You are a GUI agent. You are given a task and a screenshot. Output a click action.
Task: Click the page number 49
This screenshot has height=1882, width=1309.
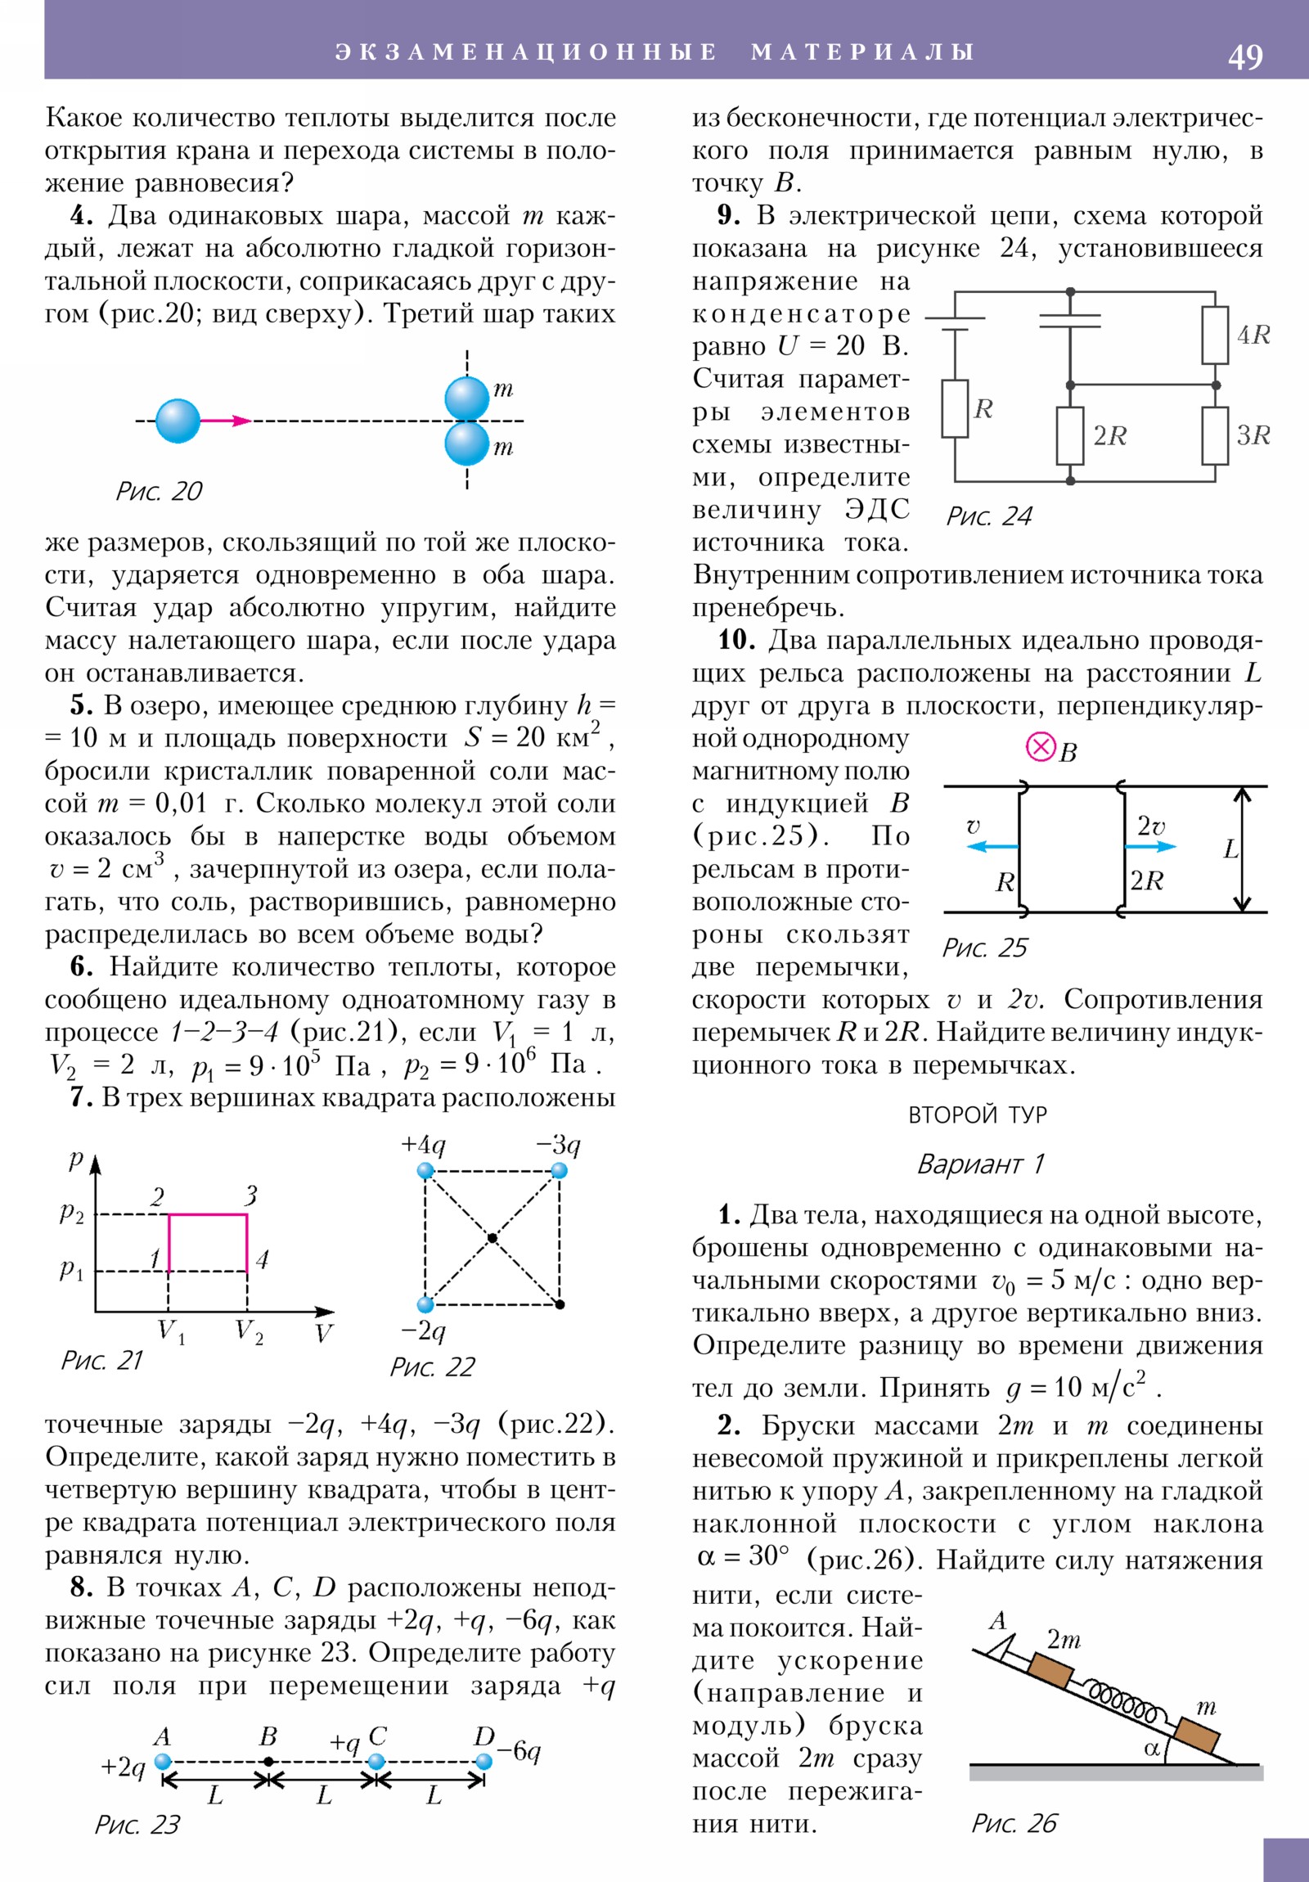[1244, 56]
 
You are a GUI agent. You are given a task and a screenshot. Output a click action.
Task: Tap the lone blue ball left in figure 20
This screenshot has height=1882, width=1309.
[178, 421]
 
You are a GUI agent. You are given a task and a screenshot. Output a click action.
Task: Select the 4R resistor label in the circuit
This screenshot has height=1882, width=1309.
[1253, 335]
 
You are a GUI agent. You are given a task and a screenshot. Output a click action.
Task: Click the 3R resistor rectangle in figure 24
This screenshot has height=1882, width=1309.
[1215, 435]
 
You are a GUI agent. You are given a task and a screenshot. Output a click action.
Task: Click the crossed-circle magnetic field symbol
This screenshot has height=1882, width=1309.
[1040, 748]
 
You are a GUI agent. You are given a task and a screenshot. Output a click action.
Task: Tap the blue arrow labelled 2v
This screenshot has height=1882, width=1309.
[1152, 847]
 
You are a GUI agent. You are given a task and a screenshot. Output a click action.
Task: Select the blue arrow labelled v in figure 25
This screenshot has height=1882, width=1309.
[992, 847]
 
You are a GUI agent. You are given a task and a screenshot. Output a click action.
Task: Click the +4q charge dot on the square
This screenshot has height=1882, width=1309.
[425, 1170]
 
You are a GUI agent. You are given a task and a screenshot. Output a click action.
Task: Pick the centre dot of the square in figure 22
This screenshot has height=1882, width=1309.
[492, 1237]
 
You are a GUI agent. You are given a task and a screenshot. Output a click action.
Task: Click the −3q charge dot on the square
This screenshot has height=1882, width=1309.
[559, 1170]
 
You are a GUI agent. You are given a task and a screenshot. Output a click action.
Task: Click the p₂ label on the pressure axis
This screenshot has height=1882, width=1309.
[72, 1213]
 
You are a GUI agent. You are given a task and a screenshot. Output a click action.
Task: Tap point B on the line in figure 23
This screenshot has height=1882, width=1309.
[269, 1761]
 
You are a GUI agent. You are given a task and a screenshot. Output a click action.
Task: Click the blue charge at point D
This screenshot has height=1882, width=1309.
[484, 1762]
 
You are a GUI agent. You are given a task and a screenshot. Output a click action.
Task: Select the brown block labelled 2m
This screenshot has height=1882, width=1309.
[1050, 1671]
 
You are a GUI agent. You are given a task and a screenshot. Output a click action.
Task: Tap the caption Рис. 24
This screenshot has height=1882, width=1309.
[989, 516]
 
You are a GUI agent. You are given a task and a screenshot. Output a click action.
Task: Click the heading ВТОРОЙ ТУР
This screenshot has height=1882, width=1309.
[977, 1114]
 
